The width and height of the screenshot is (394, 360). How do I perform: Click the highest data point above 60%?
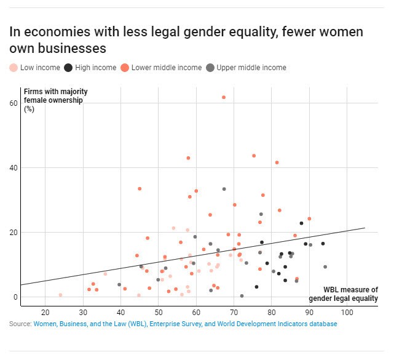[224, 97]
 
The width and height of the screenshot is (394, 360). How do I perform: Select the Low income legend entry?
[35, 68]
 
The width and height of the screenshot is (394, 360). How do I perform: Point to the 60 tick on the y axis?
[13, 103]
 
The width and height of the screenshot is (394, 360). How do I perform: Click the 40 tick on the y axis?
[13, 167]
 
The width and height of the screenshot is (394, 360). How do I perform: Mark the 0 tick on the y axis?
[15, 297]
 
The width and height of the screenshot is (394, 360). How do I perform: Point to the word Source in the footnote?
[20, 324]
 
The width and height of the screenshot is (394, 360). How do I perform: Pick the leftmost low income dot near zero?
[60, 295]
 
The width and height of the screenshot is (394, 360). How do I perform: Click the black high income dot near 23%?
[301, 223]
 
